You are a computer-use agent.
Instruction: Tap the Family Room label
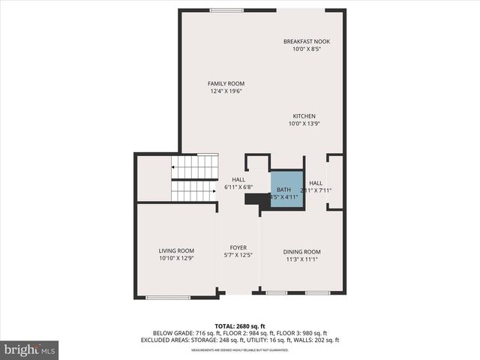pos(226,83)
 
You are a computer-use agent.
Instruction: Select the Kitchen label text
pos(304,116)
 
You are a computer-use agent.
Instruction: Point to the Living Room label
pos(176,250)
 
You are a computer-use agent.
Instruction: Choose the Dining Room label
pos(301,251)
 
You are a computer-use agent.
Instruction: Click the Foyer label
pos(238,247)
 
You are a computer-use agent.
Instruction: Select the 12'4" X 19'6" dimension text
pos(226,91)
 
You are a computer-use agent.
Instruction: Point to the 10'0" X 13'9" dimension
pos(304,124)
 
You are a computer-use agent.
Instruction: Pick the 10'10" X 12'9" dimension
pos(176,259)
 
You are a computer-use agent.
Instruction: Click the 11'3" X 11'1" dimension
pos(301,259)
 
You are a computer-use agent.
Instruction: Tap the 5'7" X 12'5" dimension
pos(238,256)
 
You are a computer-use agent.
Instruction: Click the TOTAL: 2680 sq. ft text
pos(240,325)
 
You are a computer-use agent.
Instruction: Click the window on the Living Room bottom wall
pos(167,297)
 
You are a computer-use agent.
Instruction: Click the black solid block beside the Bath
pos(257,199)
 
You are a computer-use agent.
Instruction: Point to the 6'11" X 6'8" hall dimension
pos(238,187)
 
